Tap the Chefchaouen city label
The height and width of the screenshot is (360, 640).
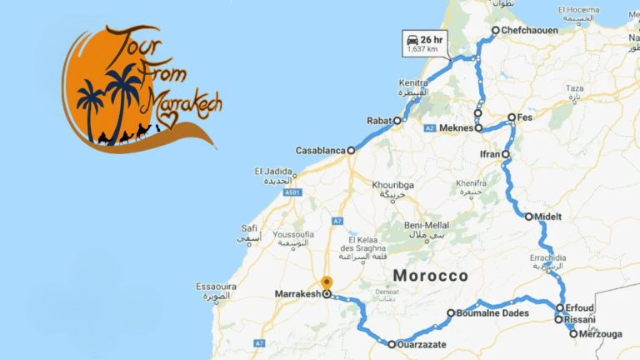click(x=530, y=31)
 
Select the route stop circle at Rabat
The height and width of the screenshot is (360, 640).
click(x=397, y=121)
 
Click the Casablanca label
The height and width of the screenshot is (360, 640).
click(x=320, y=151)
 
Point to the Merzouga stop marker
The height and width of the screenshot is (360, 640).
click(x=573, y=334)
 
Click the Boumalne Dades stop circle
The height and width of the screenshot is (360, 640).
click(x=451, y=314)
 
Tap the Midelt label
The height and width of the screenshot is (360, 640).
click(x=549, y=217)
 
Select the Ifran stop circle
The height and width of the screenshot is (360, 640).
click(x=505, y=154)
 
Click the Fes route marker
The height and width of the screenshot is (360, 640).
click(x=512, y=117)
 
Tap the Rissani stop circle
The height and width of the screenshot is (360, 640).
click(x=559, y=319)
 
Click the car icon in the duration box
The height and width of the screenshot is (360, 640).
click(x=411, y=39)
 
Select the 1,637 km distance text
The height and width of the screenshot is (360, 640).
click(x=423, y=50)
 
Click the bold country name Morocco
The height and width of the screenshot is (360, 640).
click(x=431, y=276)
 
